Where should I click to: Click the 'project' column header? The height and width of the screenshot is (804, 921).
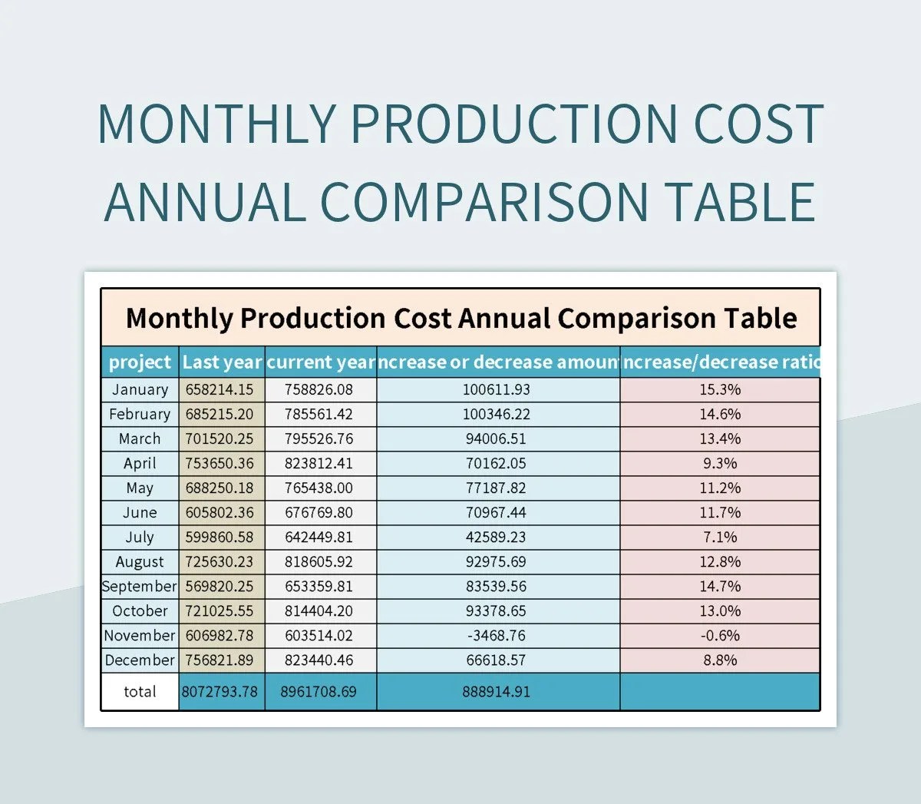[x=140, y=362]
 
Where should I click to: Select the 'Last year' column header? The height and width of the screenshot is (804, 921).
[x=222, y=362]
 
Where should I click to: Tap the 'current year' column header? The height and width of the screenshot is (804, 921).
[x=321, y=362]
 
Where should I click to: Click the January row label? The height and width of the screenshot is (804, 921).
[x=140, y=389]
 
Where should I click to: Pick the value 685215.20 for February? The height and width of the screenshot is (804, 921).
[x=220, y=414]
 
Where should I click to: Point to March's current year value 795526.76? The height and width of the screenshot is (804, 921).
[x=319, y=438]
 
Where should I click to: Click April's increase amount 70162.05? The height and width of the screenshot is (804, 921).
[x=496, y=463]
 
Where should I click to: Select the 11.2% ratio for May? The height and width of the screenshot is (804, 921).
[x=720, y=488]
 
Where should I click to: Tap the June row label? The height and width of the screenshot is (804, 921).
[x=140, y=512]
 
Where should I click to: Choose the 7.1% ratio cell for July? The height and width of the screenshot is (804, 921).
[x=720, y=537]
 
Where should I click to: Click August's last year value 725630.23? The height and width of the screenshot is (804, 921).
[x=220, y=561]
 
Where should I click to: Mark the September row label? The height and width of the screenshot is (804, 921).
[x=140, y=586]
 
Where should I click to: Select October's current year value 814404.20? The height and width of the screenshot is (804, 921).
[x=319, y=610]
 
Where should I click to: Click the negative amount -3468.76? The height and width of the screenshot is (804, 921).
[x=496, y=635]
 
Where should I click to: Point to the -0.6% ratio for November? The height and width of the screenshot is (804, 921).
[x=720, y=635]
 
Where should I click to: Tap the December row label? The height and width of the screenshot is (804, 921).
[x=140, y=660]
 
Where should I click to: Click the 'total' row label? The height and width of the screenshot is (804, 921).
[x=140, y=691]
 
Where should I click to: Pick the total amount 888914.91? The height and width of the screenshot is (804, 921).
[x=496, y=691]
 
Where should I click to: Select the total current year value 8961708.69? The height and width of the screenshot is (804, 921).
[x=319, y=691]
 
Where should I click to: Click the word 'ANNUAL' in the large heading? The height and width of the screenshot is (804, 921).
[x=204, y=201]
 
